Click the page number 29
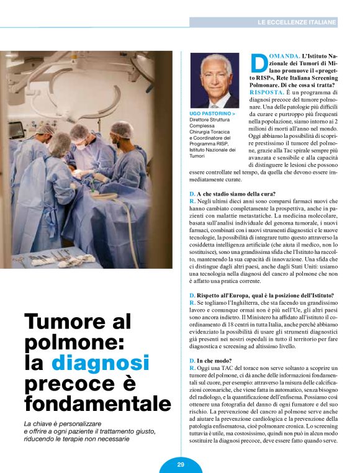click(x=180, y=464)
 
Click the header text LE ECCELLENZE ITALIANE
click(x=297, y=22)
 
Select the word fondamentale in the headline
click(x=97, y=403)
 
